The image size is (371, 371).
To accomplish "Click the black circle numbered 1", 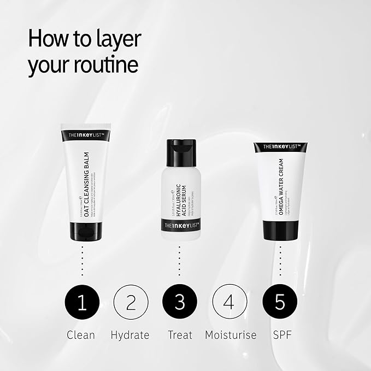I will click(x=82, y=303).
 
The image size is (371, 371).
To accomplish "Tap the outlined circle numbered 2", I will click(x=131, y=303).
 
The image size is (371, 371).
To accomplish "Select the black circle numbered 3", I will click(x=179, y=303).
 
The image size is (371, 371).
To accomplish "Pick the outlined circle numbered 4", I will click(x=230, y=303).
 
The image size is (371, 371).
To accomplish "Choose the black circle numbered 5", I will click(x=280, y=303).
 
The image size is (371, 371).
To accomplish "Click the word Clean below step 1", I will click(x=81, y=334).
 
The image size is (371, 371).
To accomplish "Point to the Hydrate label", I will click(x=130, y=334).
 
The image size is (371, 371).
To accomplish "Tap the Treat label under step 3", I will click(x=179, y=334).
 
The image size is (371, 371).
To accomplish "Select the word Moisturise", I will click(x=231, y=334).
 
